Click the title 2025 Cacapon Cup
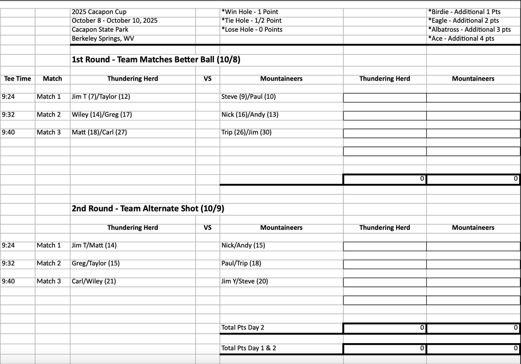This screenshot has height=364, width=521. pos(99,12)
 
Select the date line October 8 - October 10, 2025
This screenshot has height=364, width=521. pos(115,20)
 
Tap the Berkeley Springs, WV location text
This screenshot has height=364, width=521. pos(103,38)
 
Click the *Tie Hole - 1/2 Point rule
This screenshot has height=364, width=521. pos(252,20)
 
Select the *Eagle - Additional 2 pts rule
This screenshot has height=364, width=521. pos(463,20)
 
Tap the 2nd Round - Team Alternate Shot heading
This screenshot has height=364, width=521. pos(147,209)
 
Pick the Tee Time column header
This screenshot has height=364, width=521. pos(18,79)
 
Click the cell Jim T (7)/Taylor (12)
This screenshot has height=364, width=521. pos(101,97)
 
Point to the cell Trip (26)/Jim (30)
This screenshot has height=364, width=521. pos(246,132)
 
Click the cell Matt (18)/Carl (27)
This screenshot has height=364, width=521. pos(99,132)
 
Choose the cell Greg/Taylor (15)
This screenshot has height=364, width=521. pos(96,263)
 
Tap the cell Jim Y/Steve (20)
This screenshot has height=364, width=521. pos(244,281)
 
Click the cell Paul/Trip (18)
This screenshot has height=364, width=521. pos(241,263)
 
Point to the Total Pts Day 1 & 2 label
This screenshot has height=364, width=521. pos(249,348)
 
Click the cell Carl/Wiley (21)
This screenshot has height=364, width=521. pos(94,281)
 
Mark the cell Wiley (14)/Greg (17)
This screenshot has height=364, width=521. pos(102,115)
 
